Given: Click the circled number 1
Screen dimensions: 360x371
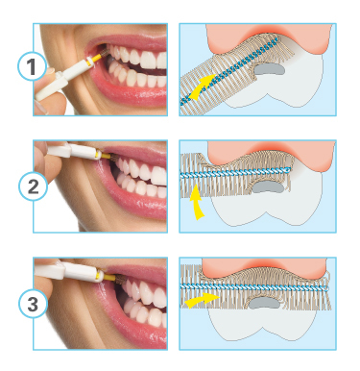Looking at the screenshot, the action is click(31, 67).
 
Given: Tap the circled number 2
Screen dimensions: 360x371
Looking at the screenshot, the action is click(33, 186).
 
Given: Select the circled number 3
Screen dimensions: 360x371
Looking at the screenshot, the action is click(33, 304).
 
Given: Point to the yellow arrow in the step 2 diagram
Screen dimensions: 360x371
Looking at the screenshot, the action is click(197, 203).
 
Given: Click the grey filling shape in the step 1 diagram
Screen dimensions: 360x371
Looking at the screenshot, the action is click(269, 69).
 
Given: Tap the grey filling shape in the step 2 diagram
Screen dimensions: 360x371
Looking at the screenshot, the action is click(268, 187).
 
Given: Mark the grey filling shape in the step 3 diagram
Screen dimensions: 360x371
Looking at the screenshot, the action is click(264, 302).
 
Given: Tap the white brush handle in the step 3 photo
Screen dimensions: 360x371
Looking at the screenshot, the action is click(70, 271).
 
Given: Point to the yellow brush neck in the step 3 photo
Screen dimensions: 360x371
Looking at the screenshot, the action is click(110, 277).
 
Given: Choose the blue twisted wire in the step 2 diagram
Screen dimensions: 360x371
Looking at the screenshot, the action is click(235, 172).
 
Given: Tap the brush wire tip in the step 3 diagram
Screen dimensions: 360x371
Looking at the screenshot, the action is click(326, 288).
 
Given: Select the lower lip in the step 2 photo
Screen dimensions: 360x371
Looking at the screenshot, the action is click(134, 199).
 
